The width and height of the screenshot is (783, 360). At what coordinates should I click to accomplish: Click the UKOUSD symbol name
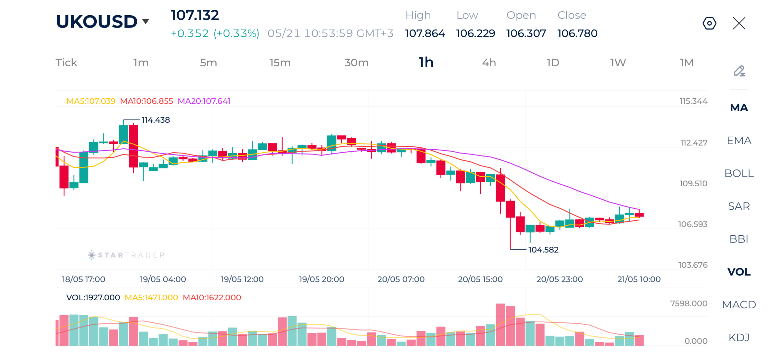(97, 21)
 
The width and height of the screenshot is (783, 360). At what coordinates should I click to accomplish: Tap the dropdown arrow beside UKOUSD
(146, 21)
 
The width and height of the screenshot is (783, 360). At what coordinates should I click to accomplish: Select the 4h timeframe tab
(489, 62)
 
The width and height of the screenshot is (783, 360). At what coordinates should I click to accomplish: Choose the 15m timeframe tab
(280, 62)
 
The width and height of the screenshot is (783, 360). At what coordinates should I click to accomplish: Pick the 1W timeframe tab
(618, 62)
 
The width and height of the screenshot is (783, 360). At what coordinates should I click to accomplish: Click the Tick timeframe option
(66, 62)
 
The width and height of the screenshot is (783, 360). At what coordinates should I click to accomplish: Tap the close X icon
(739, 23)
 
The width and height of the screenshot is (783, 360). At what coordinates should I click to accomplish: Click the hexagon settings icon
(709, 23)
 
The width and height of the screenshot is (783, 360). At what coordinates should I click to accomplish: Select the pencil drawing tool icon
(739, 71)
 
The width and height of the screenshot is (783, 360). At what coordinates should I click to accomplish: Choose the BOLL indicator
(739, 173)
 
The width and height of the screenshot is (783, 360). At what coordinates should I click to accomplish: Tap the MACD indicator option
(739, 304)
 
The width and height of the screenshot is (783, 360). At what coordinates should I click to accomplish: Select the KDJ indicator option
(739, 337)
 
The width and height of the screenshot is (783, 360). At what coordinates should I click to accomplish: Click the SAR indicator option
(739, 206)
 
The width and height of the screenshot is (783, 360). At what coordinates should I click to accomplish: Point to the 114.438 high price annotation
(155, 120)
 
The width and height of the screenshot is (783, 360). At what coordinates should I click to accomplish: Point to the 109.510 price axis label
(693, 183)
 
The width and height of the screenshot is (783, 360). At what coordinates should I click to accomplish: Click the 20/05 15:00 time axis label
(480, 279)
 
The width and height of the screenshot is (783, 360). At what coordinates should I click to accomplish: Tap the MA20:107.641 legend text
(204, 101)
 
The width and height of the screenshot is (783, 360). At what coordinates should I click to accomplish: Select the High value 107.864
(425, 33)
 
